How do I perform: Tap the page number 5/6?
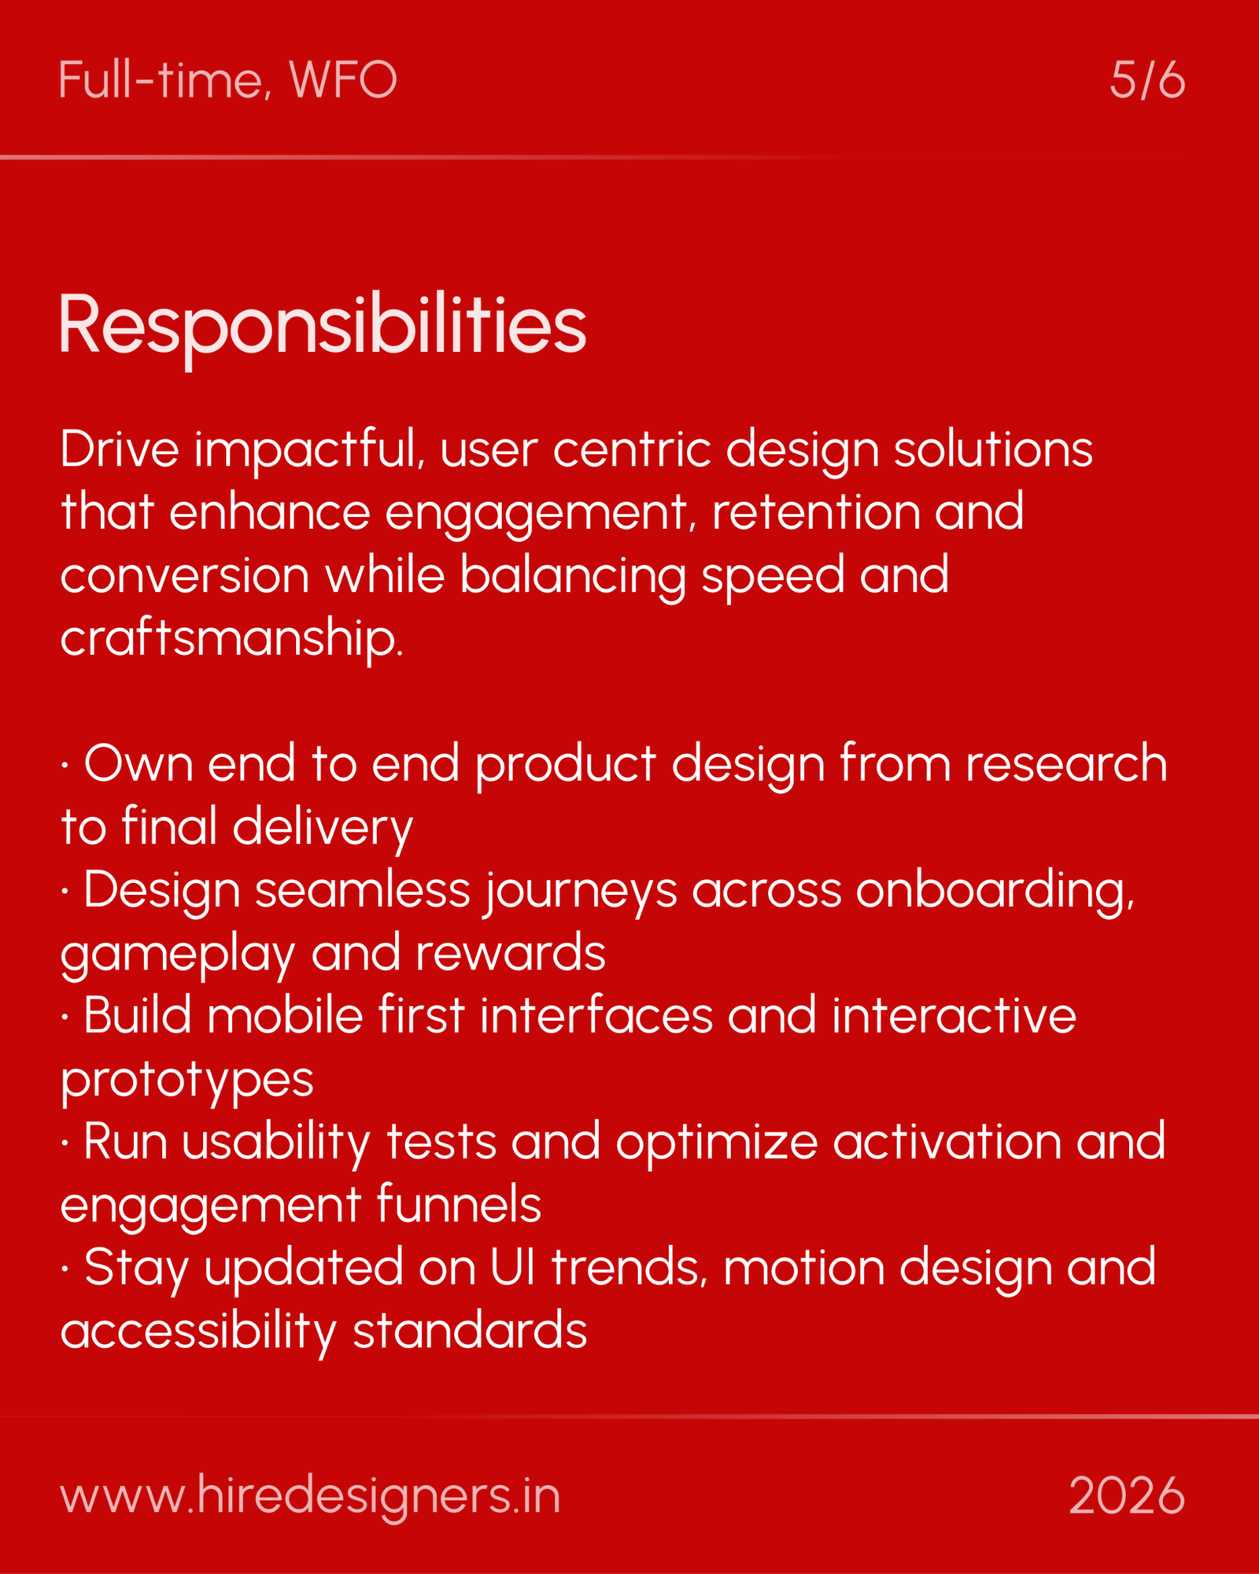(1147, 80)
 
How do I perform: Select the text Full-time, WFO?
(227, 80)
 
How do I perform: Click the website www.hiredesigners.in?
(310, 1496)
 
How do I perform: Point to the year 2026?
(1127, 1496)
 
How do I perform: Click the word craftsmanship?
(231, 638)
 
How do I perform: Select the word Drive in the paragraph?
(120, 449)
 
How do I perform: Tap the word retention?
(814, 512)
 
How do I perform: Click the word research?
(1066, 764)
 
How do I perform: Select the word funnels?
(459, 1205)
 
